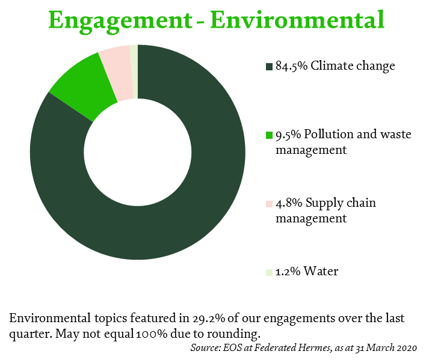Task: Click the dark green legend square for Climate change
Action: pos(269,67)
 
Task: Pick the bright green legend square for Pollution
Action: pos(269,135)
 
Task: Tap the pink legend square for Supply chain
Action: pos(269,204)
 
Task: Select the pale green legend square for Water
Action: pos(269,272)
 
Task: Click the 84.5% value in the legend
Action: pos(291,66)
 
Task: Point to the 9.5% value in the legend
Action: pos(288,135)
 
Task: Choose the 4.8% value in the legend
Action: pos(289,203)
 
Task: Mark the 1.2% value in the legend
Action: pos(288,272)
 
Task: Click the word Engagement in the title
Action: pos(120,21)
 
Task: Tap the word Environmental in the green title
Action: pos(297,20)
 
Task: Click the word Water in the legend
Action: pos(321,271)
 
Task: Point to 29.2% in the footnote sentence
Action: pos(209,318)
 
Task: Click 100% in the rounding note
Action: pos(152,334)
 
